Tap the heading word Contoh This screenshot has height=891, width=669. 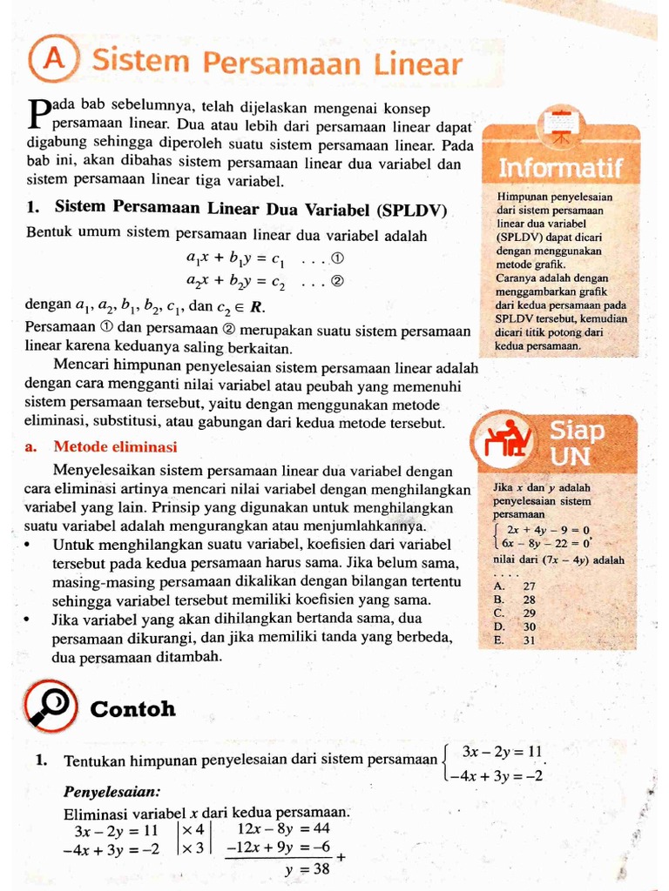tap(132, 709)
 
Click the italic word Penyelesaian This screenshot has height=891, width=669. tap(111, 792)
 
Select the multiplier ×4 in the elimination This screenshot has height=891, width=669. tap(193, 828)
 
